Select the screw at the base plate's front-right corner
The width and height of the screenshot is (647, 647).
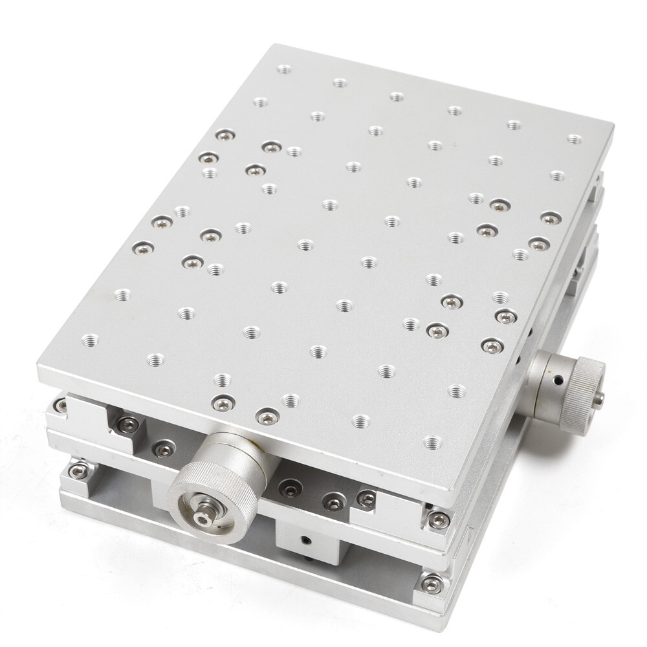click(430, 584)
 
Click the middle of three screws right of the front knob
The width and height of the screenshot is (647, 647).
click(333, 501)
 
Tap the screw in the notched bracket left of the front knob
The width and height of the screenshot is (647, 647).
click(127, 424)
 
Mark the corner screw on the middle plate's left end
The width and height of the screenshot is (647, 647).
click(61, 406)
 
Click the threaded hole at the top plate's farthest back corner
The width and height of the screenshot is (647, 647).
click(283, 69)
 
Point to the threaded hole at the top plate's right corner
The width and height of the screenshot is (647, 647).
click(573, 139)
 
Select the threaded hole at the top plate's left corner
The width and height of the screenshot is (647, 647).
click(90, 339)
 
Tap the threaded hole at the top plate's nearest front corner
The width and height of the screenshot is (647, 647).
click(432, 443)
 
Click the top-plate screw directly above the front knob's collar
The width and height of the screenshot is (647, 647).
click(267, 417)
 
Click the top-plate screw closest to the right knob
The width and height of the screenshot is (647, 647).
click(492, 346)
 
